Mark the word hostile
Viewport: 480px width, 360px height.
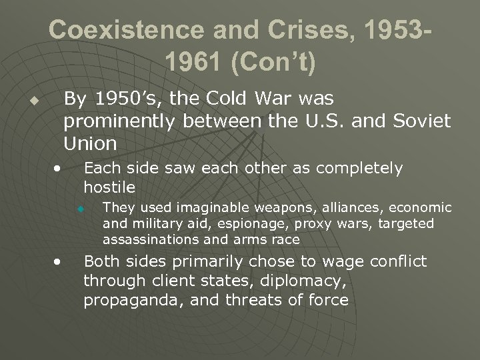109,186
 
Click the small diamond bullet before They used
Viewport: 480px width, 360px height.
81,209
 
